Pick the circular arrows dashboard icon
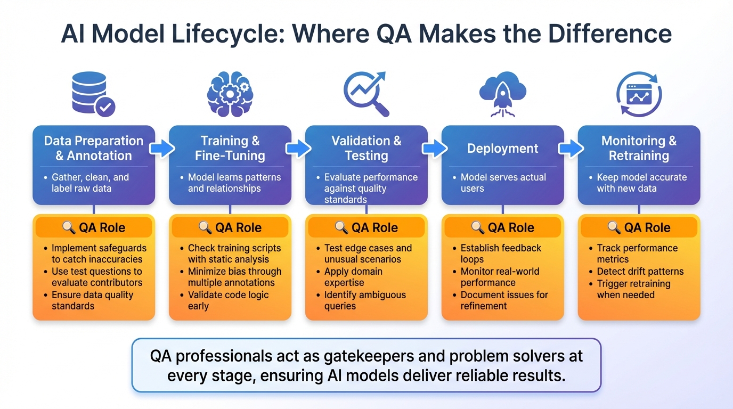[x=639, y=94]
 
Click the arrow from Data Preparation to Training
[x=162, y=149]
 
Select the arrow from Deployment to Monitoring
[x=571, y=149]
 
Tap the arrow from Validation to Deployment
[x=435, y=149]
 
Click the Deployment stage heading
[x=502, y=149]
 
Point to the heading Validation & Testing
[x=366, y=148]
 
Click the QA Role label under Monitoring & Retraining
[x=647, y=227]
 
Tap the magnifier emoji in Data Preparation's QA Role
[x=69, y=227]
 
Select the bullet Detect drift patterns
[x=639, y=272]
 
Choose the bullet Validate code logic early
[x=227, y=300]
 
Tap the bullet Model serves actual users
[x=502, y=183]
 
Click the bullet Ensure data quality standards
[x=92, y=300]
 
